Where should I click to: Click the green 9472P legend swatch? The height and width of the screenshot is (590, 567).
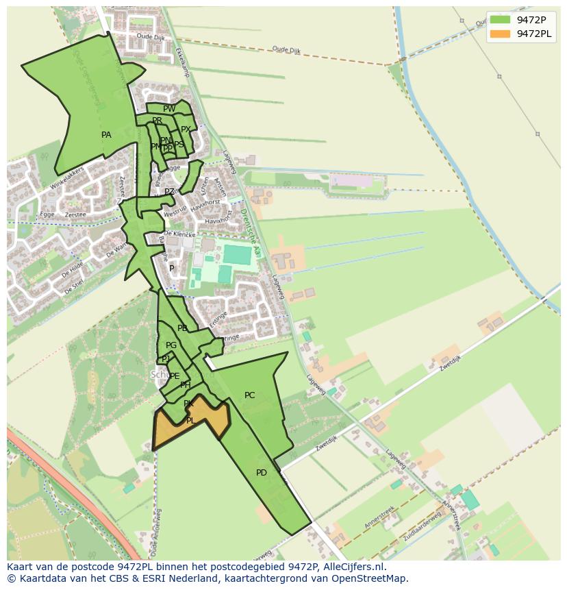500,20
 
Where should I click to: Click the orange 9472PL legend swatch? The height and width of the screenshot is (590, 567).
500,34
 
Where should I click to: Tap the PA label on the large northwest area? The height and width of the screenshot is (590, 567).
106,135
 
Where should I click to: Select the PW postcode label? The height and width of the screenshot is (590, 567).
169,108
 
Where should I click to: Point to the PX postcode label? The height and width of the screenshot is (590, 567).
186,130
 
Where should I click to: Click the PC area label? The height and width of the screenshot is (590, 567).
249,395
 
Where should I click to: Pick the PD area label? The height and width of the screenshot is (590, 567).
262,473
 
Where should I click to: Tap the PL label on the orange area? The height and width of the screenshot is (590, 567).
191,421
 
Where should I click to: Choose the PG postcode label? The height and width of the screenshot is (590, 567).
171,345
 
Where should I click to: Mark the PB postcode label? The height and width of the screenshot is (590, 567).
182,328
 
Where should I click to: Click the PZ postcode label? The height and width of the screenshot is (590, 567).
169,192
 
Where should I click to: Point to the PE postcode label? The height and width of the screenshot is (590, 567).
175,376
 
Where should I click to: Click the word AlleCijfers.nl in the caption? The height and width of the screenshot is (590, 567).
352,567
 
